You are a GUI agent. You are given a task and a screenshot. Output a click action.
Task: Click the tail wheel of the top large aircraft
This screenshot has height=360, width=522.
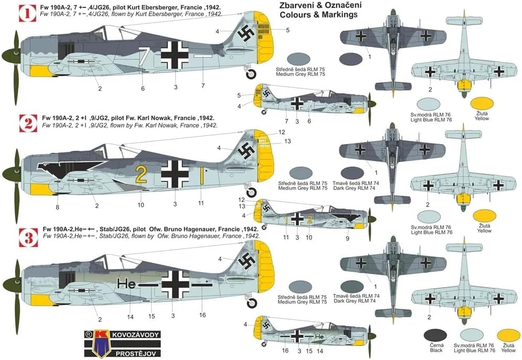click(x=251, y=75)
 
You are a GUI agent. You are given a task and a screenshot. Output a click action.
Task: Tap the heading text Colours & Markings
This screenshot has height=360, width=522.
click(x=318, y=15)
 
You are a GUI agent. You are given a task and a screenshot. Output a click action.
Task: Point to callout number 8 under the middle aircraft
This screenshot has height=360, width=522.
click(x=58, y=207)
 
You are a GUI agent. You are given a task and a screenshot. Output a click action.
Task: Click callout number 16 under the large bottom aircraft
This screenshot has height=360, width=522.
click(x=203, y=314)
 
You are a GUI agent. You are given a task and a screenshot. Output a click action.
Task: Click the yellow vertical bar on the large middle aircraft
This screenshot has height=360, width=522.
click(x=201, y=175)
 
